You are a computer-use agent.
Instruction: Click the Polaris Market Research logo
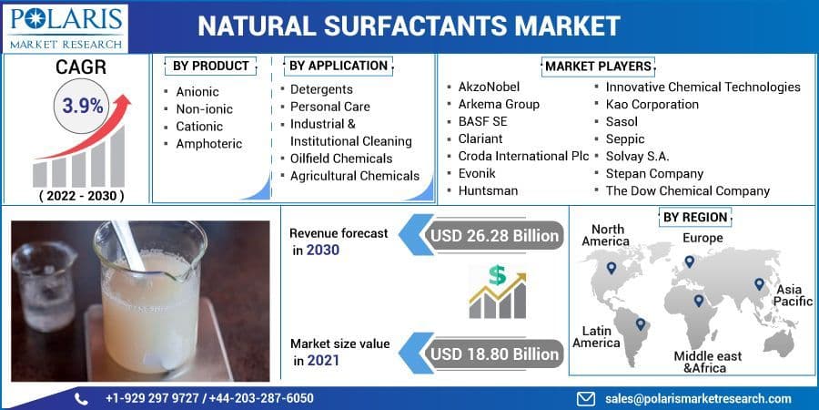pos(65,26)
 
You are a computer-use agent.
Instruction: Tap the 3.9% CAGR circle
pos(82,106)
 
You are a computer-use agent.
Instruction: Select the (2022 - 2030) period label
pos(81,195)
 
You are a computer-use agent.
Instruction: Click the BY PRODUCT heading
pos(211,66)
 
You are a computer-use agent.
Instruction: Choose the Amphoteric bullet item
pos(209,143)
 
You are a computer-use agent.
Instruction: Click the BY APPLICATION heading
pos(339,66)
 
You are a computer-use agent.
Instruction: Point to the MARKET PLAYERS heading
pos(598,67)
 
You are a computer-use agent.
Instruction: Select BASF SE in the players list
pos(482,121)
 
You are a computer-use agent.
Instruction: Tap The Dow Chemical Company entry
pos(687,190)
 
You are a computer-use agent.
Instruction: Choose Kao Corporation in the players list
pos(652,104)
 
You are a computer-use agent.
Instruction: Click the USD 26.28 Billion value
pos(494,236)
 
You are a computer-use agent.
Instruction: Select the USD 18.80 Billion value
pos(494,353)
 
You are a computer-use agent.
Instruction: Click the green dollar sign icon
pos(496,274)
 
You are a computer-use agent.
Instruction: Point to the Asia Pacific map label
pos(793,295)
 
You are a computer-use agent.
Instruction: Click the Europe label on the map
pos(703,238)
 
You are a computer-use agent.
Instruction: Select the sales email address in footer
pos(698,398)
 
